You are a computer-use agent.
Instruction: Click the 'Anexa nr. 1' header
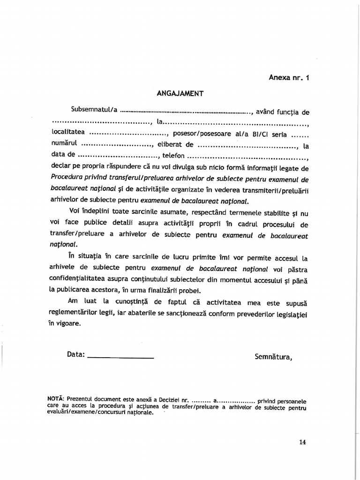(289, 78)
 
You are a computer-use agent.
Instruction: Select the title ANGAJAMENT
(180, 93)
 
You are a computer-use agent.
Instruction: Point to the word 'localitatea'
(68, 132)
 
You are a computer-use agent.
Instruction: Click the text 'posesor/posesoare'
(199, 134)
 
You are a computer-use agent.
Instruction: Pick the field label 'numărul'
(64, 143)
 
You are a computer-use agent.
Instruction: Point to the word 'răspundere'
(122, 167)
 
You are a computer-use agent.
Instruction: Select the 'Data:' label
(75, 354)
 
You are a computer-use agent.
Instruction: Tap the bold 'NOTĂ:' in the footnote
(56, 398)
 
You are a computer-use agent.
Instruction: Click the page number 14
(301, 442)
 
